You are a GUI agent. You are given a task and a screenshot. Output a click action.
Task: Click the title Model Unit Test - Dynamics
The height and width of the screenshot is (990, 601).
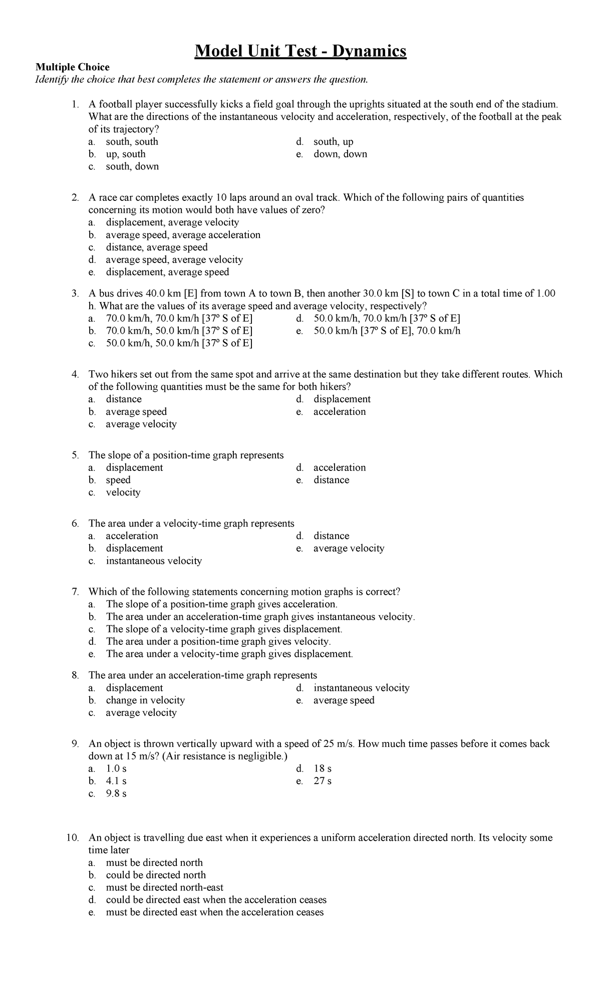(x=300, y=51)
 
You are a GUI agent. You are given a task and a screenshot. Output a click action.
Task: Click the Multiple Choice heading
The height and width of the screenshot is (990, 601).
(x=72, y=67)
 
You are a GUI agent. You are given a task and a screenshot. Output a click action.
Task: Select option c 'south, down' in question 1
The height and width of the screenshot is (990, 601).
(x=132, y=166)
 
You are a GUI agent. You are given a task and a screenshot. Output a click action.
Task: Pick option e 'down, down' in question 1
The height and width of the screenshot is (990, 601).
(x=340, y=154)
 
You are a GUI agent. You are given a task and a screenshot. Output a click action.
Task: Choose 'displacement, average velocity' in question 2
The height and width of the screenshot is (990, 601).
(x=172, y=222)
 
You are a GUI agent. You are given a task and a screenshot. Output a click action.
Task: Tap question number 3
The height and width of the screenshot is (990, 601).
(x=75, y=294)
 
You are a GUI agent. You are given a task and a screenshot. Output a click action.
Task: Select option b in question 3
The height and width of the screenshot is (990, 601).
(x=179, y=331)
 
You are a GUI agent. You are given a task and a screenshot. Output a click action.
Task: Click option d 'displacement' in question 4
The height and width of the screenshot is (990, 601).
(x=342, y=399)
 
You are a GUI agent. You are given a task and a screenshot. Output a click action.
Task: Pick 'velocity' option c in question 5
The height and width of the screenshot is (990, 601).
(x=123, y=492)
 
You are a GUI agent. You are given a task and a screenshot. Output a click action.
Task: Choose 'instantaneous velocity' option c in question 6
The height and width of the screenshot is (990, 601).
(x=153, y=561)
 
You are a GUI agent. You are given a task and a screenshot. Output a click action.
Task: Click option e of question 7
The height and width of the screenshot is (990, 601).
(x=229, y=654)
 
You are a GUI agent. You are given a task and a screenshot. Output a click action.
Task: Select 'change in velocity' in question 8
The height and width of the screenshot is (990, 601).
(x=145, y=700)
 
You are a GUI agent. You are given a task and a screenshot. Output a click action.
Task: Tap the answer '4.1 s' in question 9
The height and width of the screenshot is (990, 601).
(x=116, y=781)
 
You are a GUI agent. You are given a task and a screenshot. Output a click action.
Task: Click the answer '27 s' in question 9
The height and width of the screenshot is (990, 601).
(x=323, y=781)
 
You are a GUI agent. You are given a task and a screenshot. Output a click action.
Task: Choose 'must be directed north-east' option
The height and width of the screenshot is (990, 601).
(x=164, y=887)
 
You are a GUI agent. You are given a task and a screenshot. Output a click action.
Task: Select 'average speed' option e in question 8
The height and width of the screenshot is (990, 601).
(x=344, y=700)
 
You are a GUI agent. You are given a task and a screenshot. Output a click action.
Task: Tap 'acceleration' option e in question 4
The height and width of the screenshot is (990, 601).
(x=340, y=411)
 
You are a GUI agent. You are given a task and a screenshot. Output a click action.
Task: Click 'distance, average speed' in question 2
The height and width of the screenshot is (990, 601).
(x=156, y=247)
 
